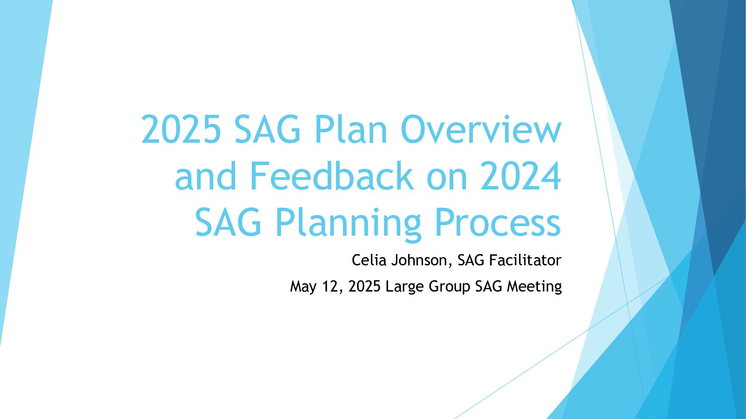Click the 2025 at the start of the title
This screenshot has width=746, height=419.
click(181, 129)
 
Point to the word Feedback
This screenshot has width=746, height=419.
click(331, 175)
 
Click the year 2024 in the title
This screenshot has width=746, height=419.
click(520, 175)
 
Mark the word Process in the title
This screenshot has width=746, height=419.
click(498, 222)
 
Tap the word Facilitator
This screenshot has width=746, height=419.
click(525, 260)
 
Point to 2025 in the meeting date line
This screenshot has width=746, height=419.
click(364, 286)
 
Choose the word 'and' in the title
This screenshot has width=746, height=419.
click(205, 175)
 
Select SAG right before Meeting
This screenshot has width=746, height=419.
click(489, 286)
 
